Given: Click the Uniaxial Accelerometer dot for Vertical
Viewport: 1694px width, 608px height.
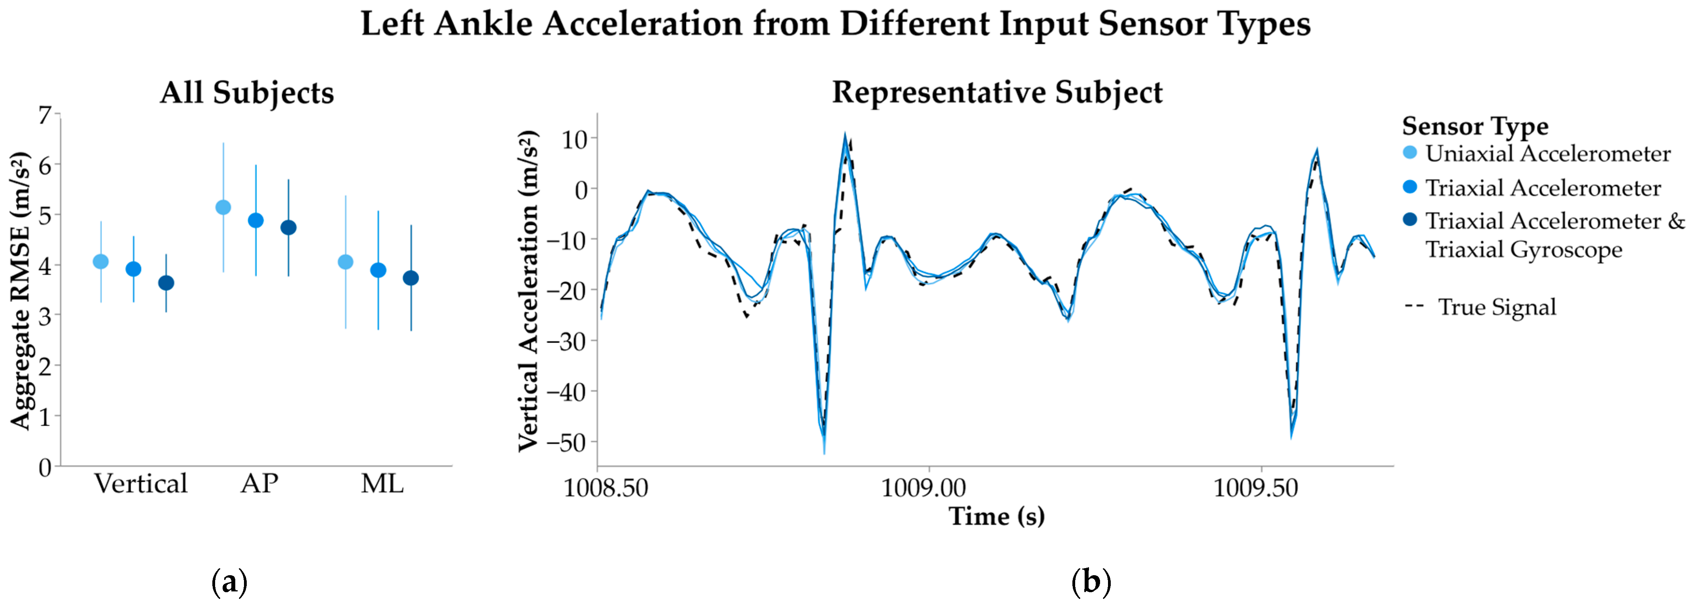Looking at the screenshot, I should (100, 262).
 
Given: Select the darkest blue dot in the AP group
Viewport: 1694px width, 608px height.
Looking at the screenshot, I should (288, 228).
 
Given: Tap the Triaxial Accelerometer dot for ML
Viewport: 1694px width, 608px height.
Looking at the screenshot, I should (378, 270).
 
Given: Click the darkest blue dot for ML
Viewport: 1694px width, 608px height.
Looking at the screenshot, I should (410, 278).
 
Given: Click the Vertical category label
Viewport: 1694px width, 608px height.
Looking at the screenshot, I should (141, 484).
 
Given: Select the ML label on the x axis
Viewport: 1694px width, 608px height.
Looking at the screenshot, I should (382, 484).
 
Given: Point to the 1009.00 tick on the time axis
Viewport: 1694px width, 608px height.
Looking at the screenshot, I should (923, 488).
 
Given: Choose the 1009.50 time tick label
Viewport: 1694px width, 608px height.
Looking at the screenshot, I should (1255, 488).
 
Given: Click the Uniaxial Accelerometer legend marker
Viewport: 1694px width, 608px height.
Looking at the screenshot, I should (1410, 153).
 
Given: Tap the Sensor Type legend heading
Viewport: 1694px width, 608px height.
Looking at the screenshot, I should (1475, 126).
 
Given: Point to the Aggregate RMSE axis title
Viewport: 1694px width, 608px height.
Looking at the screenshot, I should (21, 290).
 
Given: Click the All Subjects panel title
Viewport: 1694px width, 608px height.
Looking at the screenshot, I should (247, 93).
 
